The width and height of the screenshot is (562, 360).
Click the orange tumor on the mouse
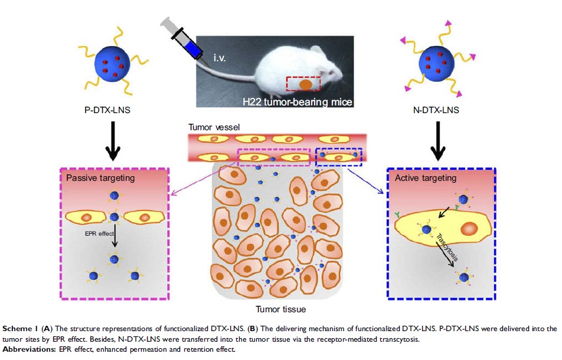point(305,84)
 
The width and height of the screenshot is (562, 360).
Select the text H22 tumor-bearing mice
point(289,103)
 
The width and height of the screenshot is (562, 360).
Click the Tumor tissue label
point(280,309)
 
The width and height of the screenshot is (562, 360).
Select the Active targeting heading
point(421,177)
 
